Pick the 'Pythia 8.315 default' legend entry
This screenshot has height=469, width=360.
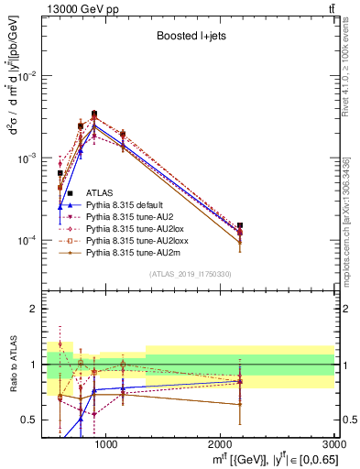[133, 204]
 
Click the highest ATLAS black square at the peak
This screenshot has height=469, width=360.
[94, 114]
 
